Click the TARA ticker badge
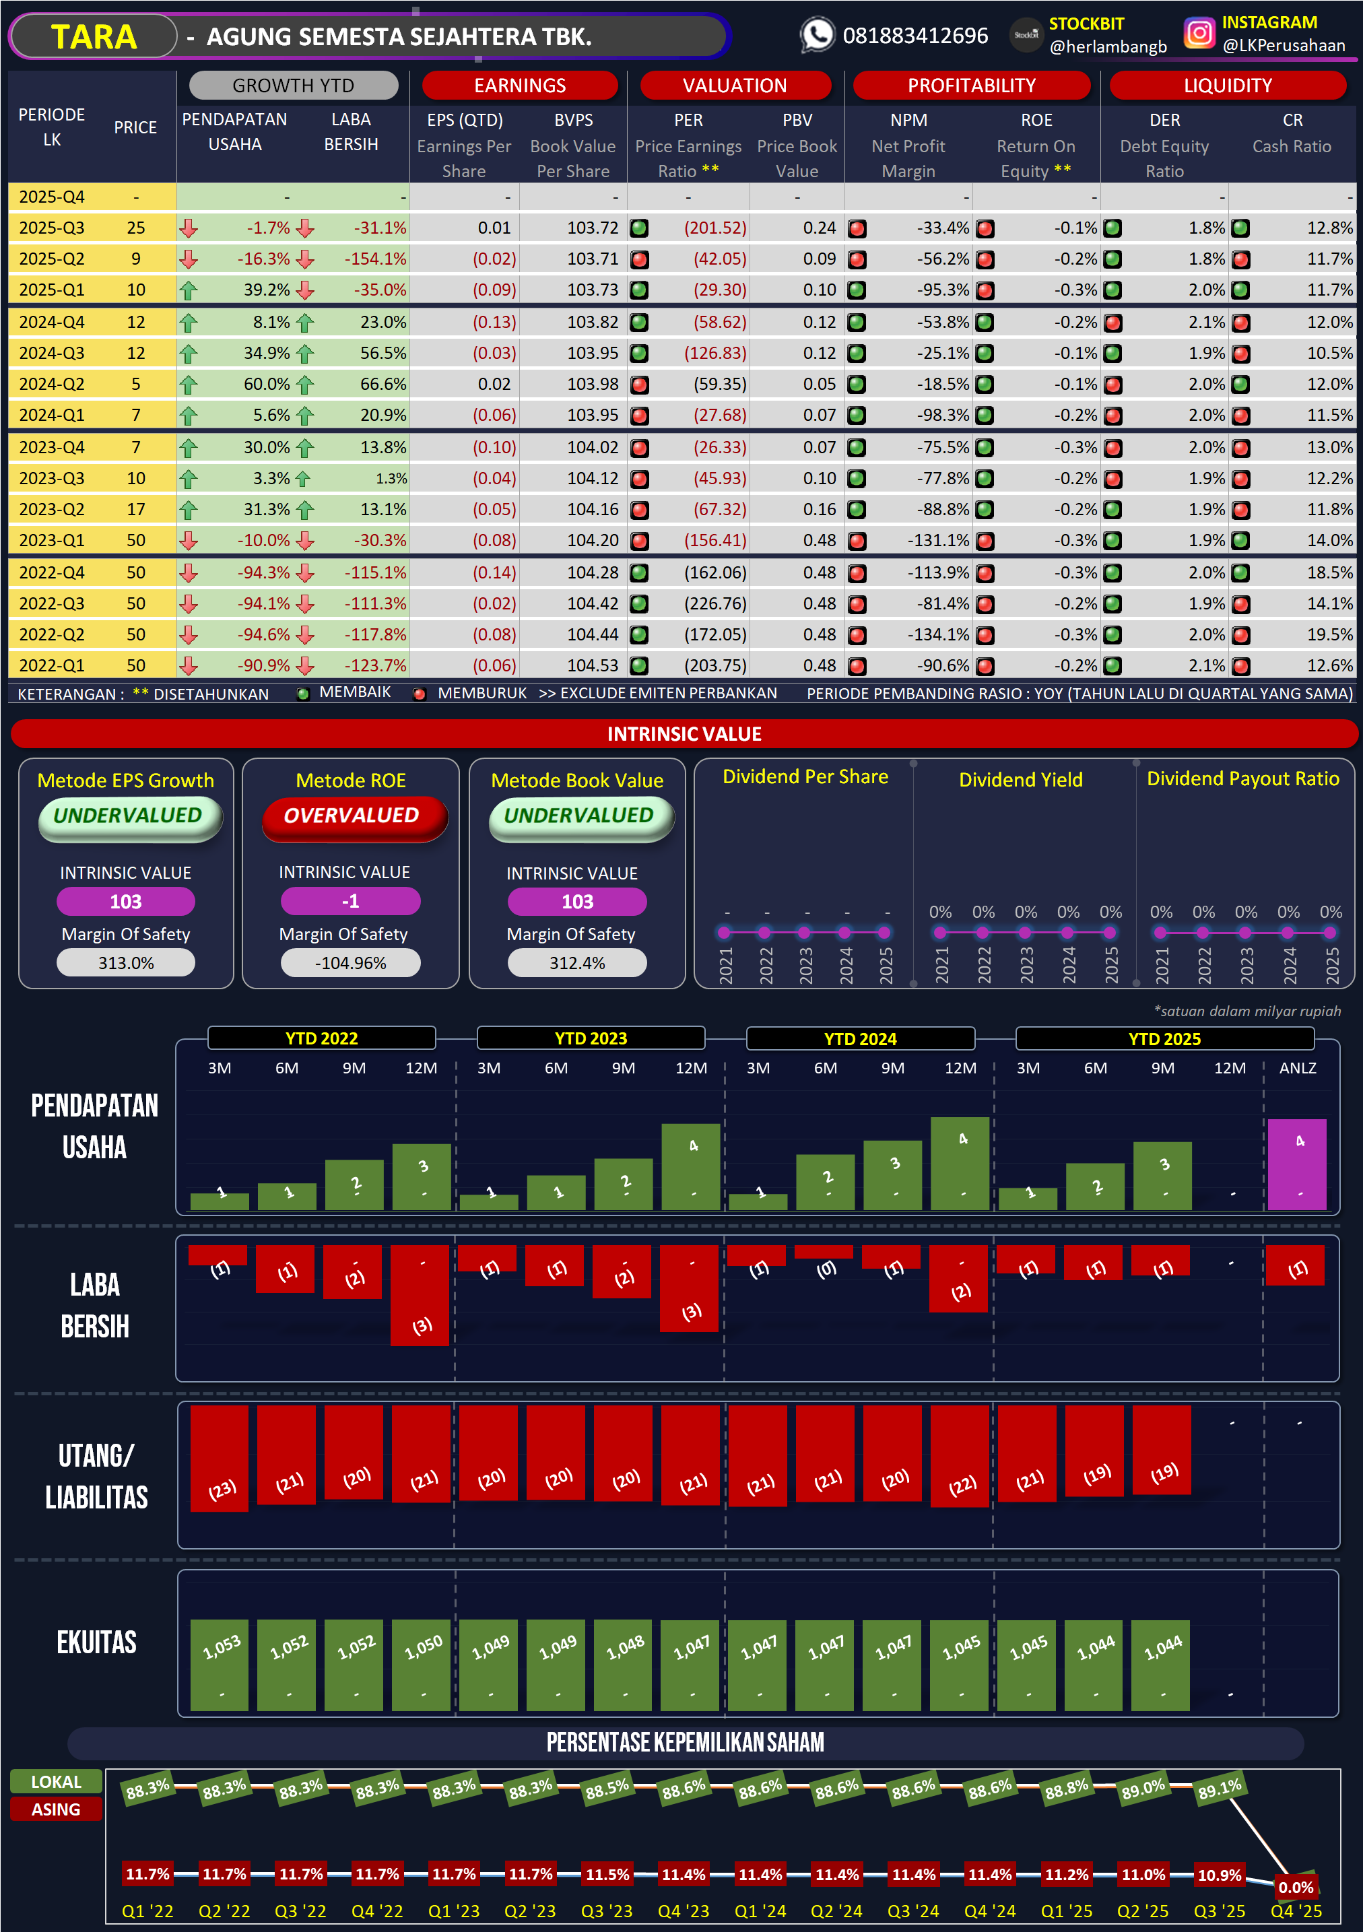click(x=94, y=37)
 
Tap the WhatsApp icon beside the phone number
click(x=816, y=35)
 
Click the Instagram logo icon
click(x=1199, y=34)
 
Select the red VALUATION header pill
click(x=735, y=85)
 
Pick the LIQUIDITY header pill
click(x=1227, y=85)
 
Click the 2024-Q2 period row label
click(x=51, y=385)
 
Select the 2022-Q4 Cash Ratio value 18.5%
click(x=1329, y=573)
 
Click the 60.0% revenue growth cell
click(x=266, y=385)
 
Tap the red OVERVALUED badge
click(x=352, y=816)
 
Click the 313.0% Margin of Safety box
click(x=125, y=963)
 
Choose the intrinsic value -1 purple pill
click(x=350, y=901)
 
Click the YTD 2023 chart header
click(x=591, y=1038)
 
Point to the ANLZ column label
click(x=1298, y=1068)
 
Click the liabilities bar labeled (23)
click(x=220, y=1457)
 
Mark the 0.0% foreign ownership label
click(x=1295, y=1887)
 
